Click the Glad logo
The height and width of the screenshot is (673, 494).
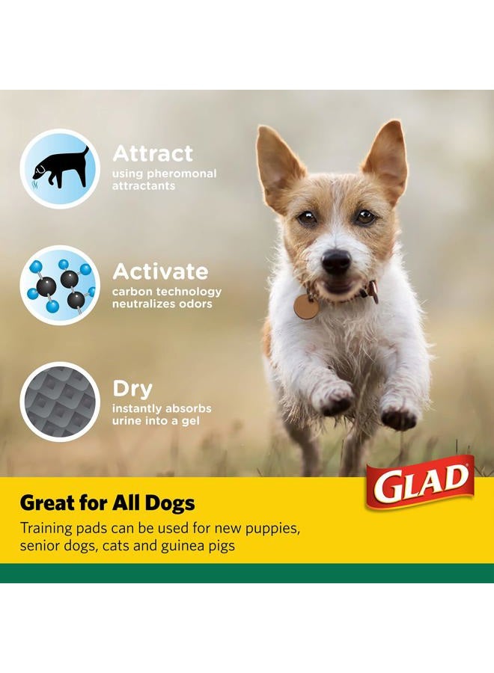tap(420, 482)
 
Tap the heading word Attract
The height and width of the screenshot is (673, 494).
tap(153, 153)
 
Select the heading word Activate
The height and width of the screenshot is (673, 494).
tap(160, 271)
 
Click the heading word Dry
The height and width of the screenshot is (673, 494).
tap(132, 390)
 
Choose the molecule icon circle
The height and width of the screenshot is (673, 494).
tap(60, 285)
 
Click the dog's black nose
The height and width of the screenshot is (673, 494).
tap(336, 260)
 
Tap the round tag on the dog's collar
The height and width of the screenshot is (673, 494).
tap(305, 307)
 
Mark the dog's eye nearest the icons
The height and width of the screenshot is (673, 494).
tap(307, 218)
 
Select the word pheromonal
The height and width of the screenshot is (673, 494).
tap(182, 173)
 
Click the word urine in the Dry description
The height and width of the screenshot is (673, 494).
tap(127, 421)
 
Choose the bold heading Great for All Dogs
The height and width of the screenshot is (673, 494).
tap(107, 503)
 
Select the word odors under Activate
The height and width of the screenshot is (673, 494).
tap(197, 304)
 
